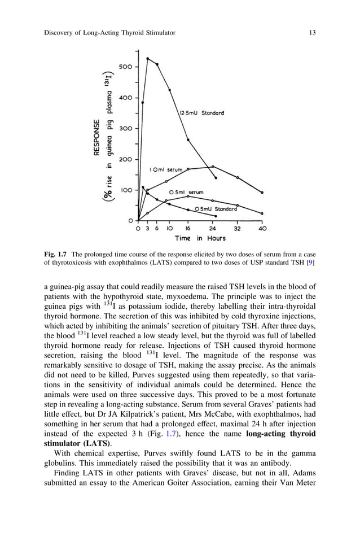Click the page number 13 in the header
coord(312,33)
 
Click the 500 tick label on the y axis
coord(125,67)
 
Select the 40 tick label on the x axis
coord(262,229)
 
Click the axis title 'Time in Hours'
coord(200,238)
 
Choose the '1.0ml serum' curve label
coord(165,169)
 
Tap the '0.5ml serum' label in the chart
coord(187,193)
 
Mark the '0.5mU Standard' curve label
coord(216,209)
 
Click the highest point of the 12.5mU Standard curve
coord(148,58)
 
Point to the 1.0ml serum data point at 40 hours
coord(262,193)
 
